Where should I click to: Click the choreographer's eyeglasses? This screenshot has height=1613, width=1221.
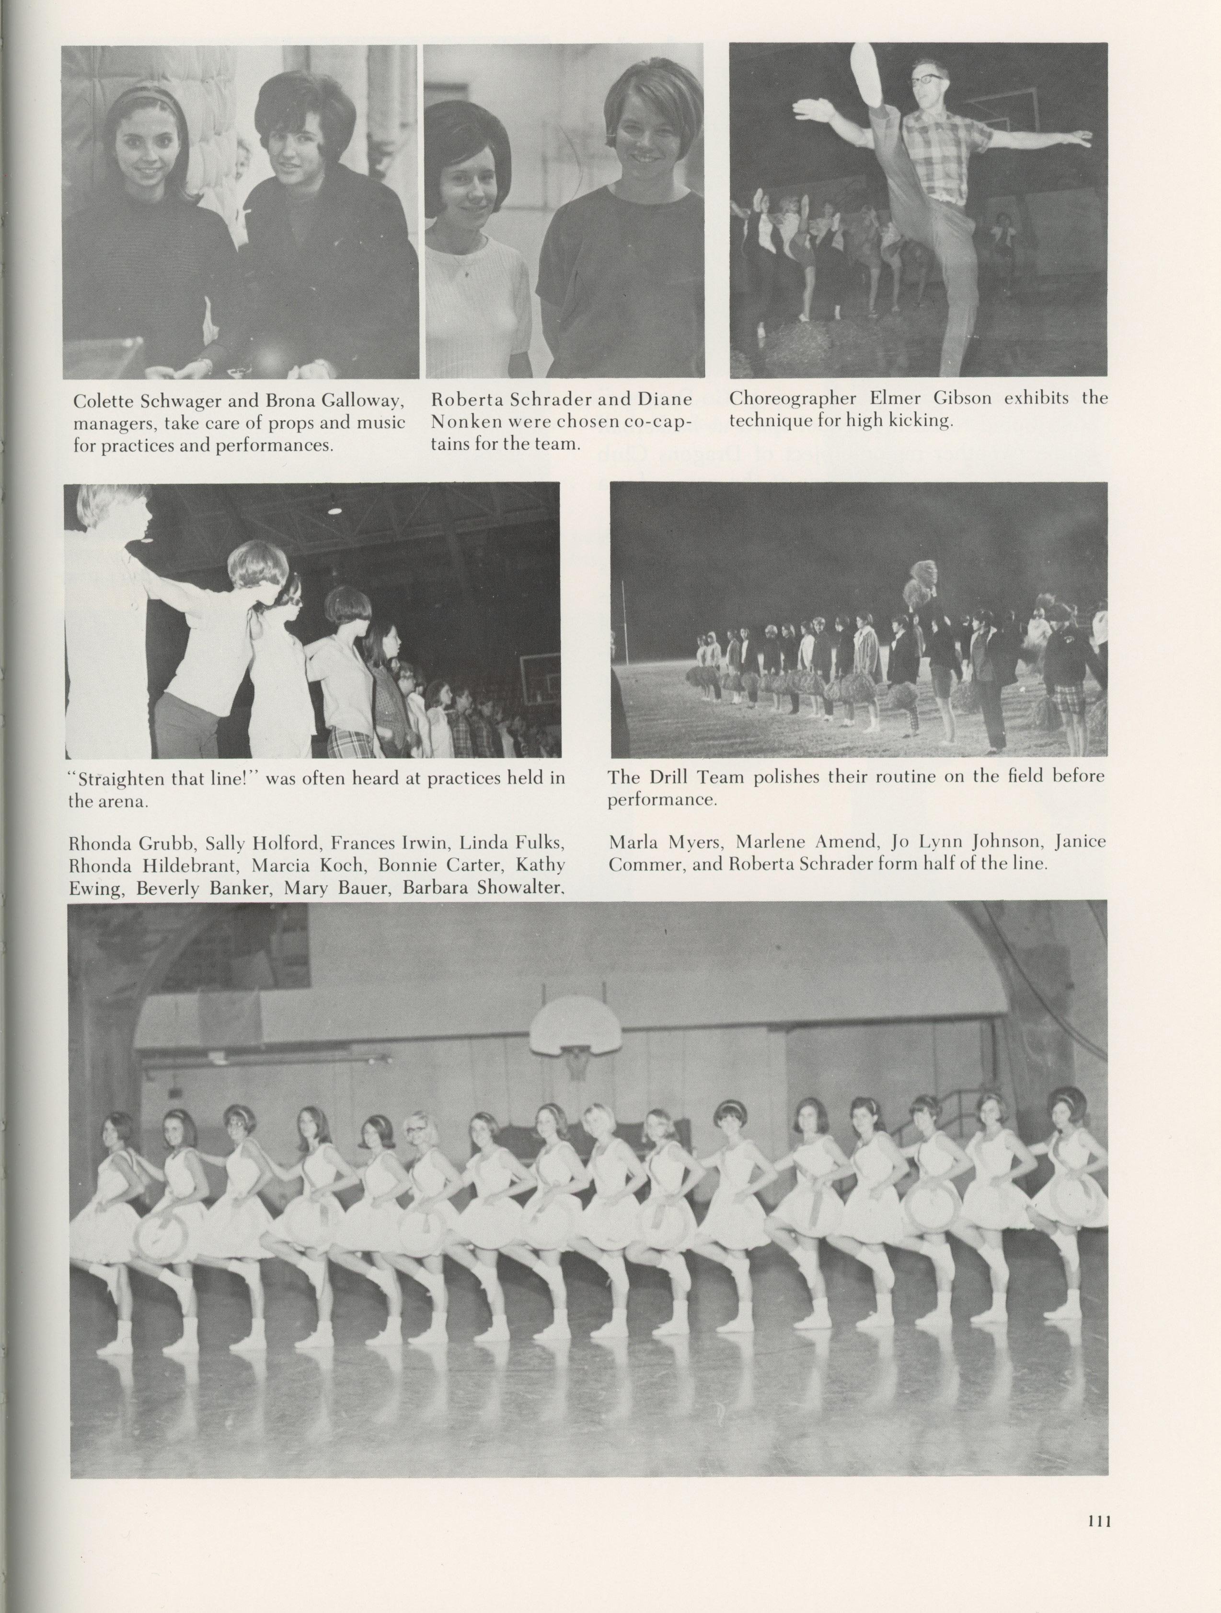tap(930, 79)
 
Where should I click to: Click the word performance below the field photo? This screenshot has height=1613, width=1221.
tap(662, 800)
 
